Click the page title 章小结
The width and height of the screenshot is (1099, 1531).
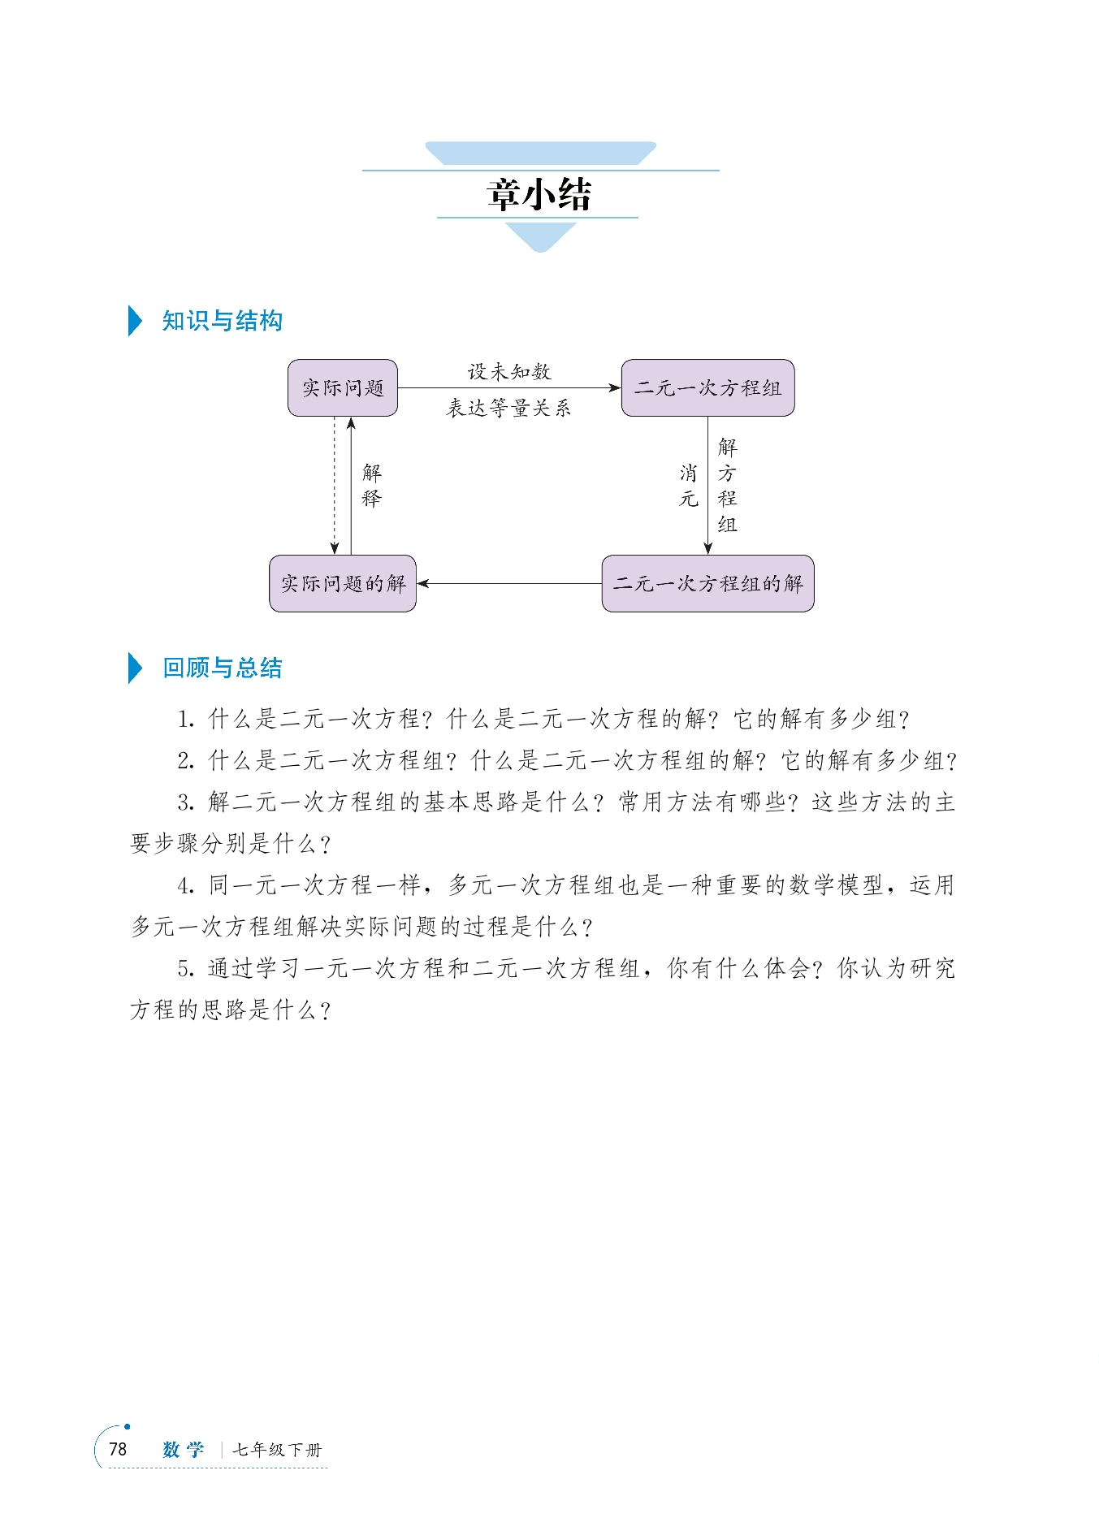tap(539, 195)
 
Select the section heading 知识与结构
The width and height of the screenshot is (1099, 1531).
tap(222, 321)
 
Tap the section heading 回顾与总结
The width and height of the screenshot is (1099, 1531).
tap(222, 668)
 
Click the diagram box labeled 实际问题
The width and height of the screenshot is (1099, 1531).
tap(343, 388)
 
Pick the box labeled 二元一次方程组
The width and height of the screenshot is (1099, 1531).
tap(707, 388)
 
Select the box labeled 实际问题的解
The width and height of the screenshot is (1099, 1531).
tap(343, 583)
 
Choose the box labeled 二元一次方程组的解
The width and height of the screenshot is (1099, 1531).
tap(707, 583)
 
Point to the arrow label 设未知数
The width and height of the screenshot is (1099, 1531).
tap(509, 372)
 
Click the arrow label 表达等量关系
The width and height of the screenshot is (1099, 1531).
tap(509, 408)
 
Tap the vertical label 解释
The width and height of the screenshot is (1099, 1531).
tap(371, 486)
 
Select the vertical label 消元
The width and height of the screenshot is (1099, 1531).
tap(689, 486)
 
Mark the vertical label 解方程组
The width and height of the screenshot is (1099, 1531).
tap(727, 486)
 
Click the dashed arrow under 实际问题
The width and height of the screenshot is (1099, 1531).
tap(335, 486)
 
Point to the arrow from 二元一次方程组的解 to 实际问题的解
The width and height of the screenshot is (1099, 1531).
tap(509, 583)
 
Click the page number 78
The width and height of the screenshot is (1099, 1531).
tap(118, 1449)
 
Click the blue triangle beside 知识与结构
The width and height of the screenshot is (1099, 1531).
tap(135, 321)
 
